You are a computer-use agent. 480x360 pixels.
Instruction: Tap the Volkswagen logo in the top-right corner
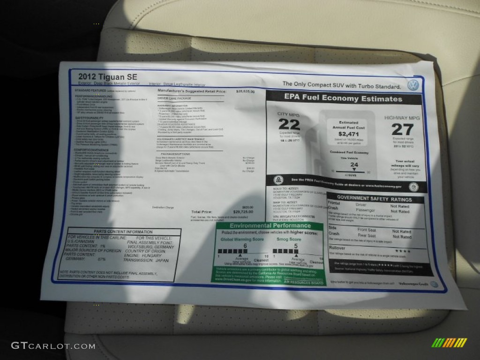[413, 85]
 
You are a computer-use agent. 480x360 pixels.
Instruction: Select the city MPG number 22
[289, 124]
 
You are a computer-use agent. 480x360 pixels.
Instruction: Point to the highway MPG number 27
[402, 129]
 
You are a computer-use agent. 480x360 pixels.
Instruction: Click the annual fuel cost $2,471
[348, 134]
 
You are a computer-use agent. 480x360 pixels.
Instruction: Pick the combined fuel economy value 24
[354, 165]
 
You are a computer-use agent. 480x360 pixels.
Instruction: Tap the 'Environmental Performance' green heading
[270, 226]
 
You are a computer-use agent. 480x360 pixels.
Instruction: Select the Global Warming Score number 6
[245, 246]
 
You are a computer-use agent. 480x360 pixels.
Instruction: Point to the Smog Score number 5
[296, 246]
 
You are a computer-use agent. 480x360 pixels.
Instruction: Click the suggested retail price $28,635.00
[245, 92]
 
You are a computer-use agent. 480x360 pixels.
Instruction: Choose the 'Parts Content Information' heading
[116, 232]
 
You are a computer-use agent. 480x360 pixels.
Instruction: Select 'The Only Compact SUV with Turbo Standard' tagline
[341, 86]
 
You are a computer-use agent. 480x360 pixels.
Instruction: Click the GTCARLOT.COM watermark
[53, 346]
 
